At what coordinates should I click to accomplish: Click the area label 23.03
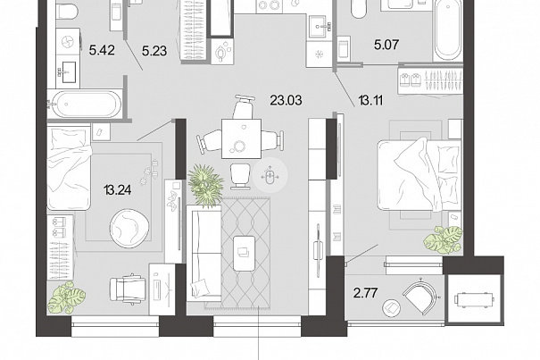tap(286, 100)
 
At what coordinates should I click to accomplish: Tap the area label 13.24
tap(118, 189)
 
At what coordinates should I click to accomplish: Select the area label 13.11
tap(370, 101)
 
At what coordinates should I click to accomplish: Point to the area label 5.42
tap(102, 50)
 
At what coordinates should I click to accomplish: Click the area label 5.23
tap(154, 51)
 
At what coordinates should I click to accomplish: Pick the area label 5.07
tap(386, 45)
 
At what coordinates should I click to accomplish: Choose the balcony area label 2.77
tap(365, 293)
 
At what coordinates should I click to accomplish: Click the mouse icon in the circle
tap(270, 177)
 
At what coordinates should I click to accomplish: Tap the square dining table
tap(241, 138)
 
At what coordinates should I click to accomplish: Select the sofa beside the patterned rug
tap(204, 254)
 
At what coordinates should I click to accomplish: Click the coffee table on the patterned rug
tap(245, 254)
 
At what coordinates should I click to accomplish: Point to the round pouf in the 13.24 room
tap(129, 228)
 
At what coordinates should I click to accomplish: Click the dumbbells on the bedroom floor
tap(150, 172)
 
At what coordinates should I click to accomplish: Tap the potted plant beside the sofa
tap(205, 185)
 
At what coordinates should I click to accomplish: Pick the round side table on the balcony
tap(391, 308)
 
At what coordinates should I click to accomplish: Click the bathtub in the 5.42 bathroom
tap(85, 104)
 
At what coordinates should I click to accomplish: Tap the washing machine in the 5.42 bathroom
tap(68, 43)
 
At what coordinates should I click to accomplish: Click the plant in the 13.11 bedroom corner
tap(443, 239)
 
